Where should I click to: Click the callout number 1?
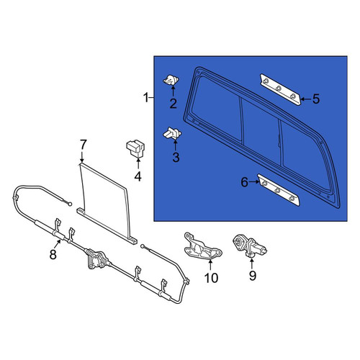145,98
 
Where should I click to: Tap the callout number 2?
173,104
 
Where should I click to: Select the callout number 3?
176,157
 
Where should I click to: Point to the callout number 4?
138,176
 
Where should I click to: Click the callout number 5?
316,99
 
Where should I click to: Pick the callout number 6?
244,182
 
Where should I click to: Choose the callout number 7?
83,145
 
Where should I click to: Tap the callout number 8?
53,254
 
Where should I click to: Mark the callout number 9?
253,276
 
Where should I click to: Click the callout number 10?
211,278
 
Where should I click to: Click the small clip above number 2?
171,80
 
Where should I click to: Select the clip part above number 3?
172,133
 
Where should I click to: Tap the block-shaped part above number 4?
135,148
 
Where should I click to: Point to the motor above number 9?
250,246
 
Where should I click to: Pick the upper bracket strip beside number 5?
280,89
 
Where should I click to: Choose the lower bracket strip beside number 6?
279,190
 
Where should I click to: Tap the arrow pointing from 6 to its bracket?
254,182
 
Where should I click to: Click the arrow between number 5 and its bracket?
306,99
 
